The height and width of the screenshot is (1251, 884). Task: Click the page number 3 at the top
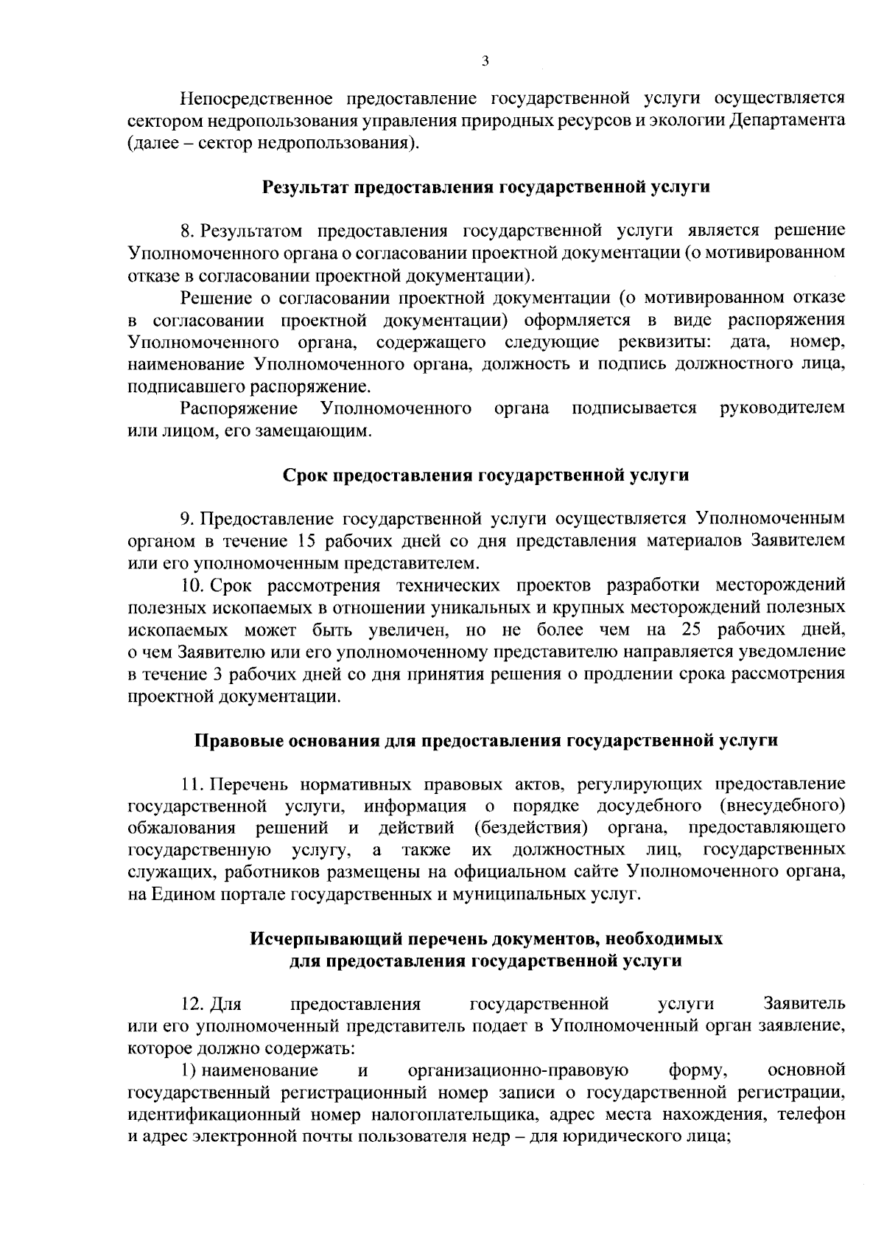[x=485, y=61]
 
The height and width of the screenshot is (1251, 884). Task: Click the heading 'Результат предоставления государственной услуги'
[x=486, y=187]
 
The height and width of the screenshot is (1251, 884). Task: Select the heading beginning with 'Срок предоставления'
[x=486, y=475]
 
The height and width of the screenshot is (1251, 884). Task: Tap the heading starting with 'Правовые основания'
[x=485, y=740]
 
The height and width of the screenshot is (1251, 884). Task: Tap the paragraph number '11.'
[x=192, y=784]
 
